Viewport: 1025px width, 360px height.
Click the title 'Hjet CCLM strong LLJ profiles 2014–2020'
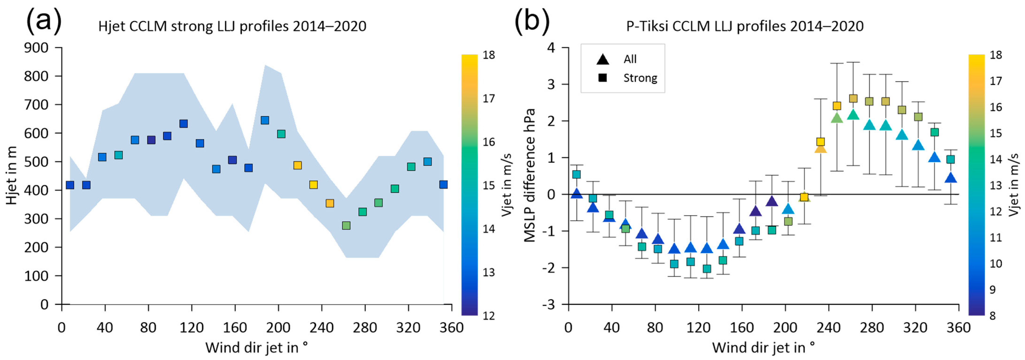pos(232,26)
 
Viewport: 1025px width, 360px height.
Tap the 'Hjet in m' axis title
pos(12,175)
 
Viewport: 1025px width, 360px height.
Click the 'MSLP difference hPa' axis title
pos(530,175)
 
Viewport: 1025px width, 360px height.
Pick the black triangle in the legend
pos(603,59)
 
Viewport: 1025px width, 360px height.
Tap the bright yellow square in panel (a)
pos(313,185)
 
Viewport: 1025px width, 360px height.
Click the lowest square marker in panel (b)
pos(707,269)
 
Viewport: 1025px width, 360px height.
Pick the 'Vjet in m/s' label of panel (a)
pos(507,185)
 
